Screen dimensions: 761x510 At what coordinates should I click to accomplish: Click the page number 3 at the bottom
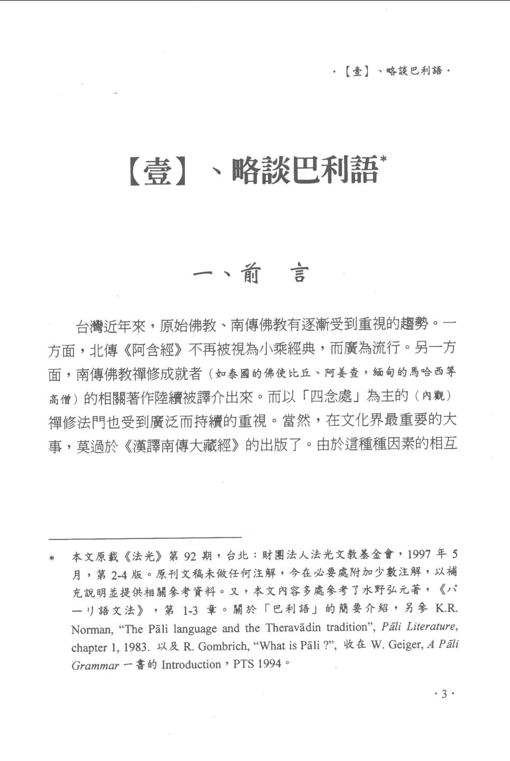click(444, 694)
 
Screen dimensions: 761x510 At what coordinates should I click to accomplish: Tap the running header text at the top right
click(392, 71)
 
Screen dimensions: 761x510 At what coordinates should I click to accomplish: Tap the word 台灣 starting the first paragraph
click(89, 326)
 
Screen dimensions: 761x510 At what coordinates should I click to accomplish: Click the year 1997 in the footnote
click(421, 554)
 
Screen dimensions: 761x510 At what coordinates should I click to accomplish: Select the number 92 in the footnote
click(190, 556)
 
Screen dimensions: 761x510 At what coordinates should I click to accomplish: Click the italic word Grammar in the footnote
click(95, 665)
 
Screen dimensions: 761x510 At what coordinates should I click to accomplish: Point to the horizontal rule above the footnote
click(145, 538)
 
